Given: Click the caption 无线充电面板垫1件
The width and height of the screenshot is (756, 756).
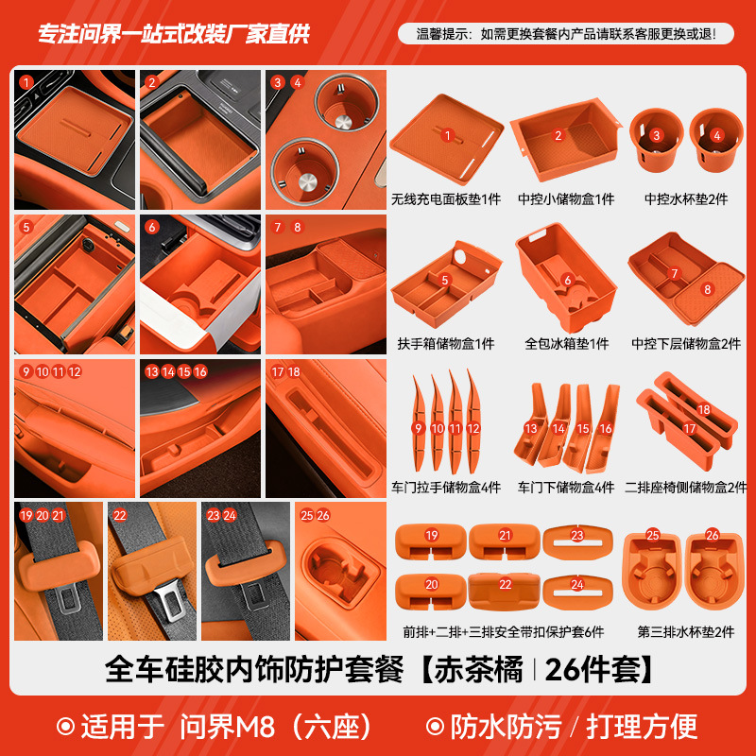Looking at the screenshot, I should [x=446, y=199].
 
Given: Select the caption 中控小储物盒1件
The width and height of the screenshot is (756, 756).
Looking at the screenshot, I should [x=565, y=199].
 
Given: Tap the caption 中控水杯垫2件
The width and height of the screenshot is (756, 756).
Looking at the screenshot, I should [x=684, y=199].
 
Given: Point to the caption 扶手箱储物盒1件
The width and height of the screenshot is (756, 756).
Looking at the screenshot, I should [x=446, y=344].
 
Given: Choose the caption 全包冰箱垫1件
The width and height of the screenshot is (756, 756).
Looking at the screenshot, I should [x=566, y=344].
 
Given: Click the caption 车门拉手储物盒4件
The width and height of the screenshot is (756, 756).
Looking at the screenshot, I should [x=446, y=488].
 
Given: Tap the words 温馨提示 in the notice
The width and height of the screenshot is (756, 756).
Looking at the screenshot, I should [x=444, y=34].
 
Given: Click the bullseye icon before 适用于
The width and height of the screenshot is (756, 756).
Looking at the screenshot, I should [x=66, y=726].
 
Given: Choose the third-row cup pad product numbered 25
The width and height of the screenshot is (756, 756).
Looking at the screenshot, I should [x=652, y=572].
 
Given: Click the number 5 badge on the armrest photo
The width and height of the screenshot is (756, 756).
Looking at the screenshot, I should [x=27, y=227].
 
